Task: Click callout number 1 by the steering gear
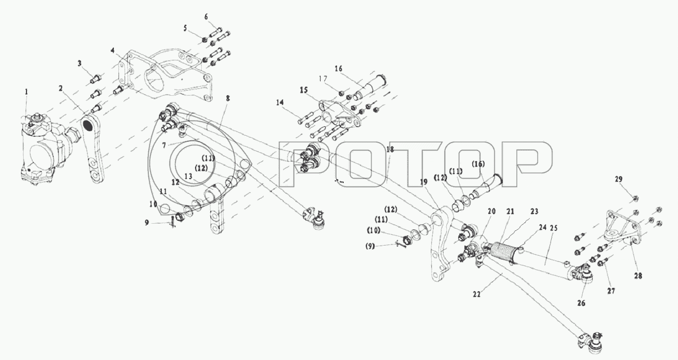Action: (x=25, y=91)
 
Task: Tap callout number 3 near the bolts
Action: (x=80, y=63)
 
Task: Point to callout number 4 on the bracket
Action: (x=113, y=50)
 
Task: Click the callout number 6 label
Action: (x=206, y=17)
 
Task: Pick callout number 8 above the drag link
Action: (x=227, y=99)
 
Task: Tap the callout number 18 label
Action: (x=389, y=149)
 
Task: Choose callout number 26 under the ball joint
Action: (x=581, y=303)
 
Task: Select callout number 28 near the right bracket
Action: (x=637, y=276)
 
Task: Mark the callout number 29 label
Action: (x=619, y=180)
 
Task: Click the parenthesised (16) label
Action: (x=478, y=164)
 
